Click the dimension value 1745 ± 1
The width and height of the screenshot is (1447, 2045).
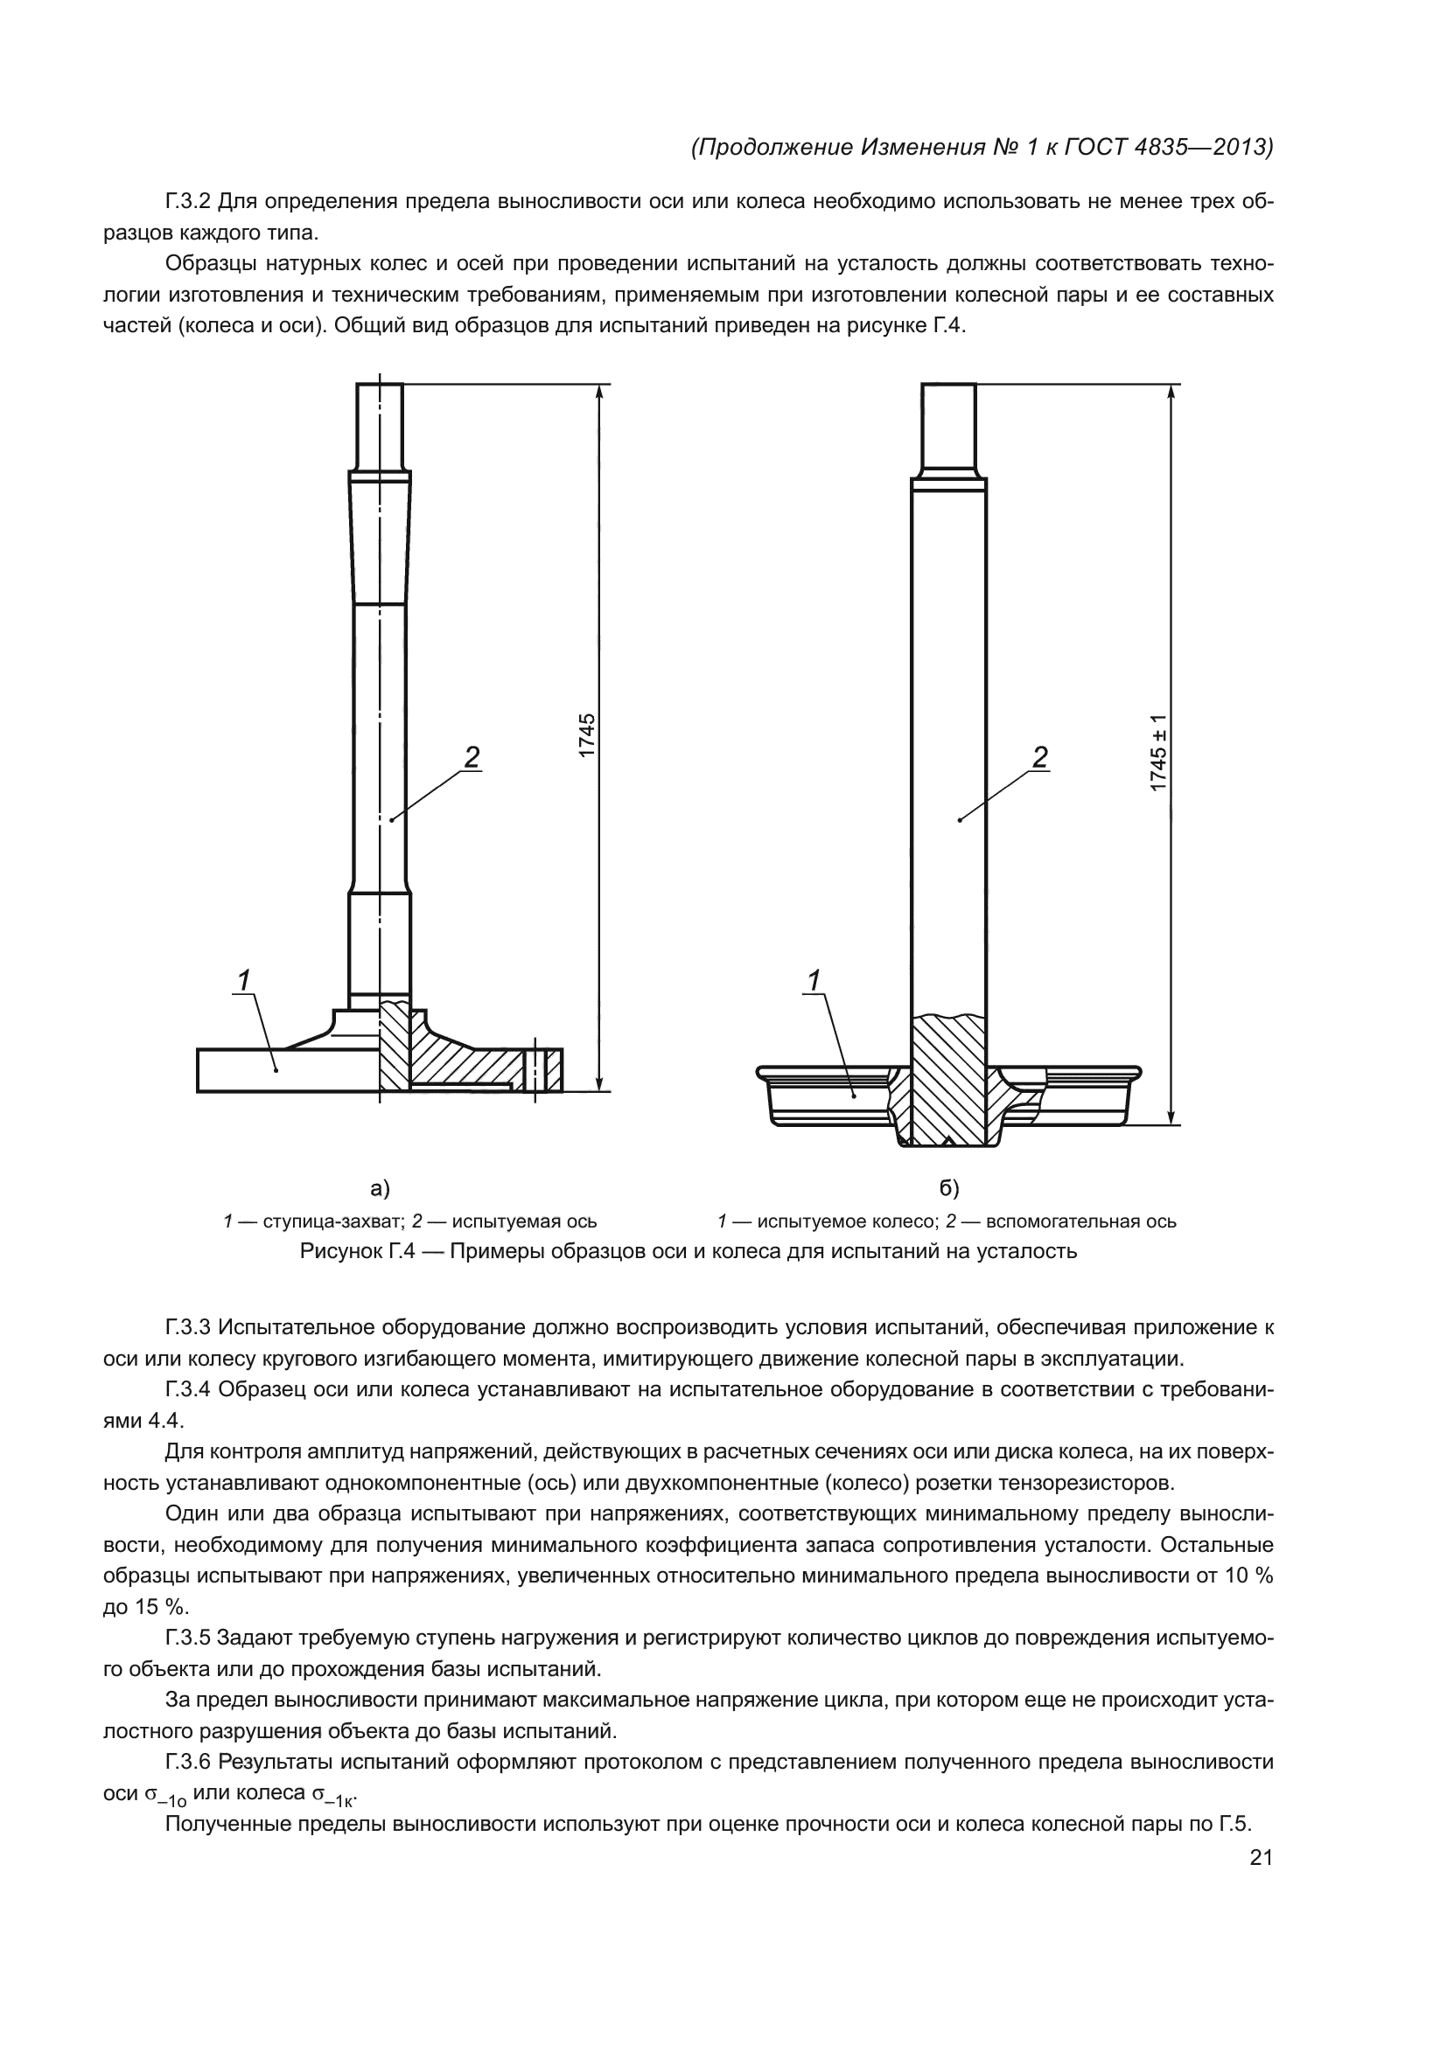coord(1157,752)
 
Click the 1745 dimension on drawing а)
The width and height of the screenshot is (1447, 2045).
coord(586,735)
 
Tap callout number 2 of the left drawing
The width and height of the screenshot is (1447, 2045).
coord(472,757)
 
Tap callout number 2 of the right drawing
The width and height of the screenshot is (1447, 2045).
coord(1040,757)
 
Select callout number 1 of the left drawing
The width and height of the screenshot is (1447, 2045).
coord(242,980)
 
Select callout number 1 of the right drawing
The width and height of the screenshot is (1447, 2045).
coord(814,980)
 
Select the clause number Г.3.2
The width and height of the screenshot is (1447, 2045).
coord(188,201)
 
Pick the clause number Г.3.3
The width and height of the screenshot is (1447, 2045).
coord(188,1328)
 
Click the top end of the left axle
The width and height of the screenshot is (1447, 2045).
coord(380,386)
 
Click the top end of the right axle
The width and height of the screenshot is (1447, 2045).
coord(949,386)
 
